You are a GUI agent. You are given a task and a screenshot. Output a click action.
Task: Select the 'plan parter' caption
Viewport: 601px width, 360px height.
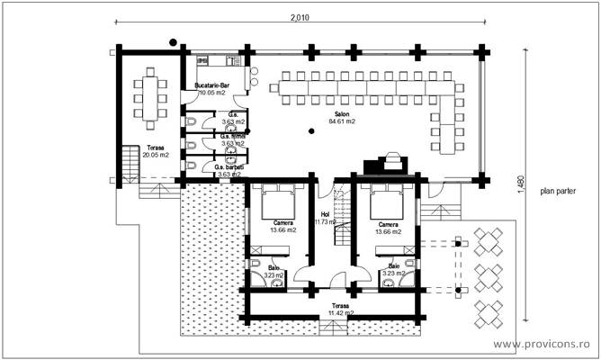(x=559, y=191)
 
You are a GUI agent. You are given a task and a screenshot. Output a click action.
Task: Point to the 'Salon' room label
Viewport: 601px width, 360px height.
(x=342, y=114)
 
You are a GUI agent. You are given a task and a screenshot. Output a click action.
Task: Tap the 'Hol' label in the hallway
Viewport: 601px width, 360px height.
(x=324, y=213)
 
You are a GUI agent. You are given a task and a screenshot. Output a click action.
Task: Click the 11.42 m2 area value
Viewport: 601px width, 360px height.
(x=339, y=314)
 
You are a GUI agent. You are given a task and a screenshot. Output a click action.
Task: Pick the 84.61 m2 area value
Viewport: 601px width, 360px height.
(x=342, y=121)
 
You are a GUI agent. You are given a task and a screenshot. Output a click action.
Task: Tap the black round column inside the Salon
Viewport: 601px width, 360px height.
(x=311, y=131)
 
